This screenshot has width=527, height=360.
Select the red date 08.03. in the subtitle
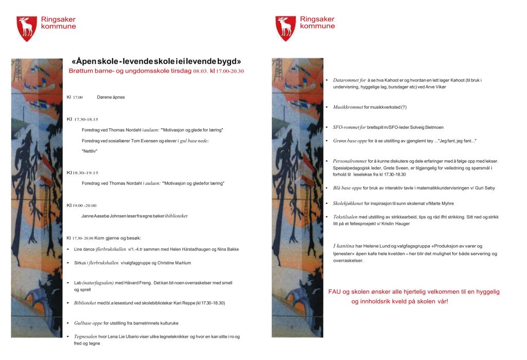pyautogui.click(x=201, y=71)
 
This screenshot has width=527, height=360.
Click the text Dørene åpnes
pyautogui.click(x=111, y=97)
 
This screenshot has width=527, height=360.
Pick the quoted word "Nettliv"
pyautogui.click(x=90, y=151)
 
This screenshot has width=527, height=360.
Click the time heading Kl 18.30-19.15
pyautogui.click(x=82, y=173)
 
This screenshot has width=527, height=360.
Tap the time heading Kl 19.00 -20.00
pyautogui.click(x=81, y=205)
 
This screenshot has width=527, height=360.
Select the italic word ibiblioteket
pyautogui.click(x=175, y=216)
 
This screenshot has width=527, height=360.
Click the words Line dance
pyautogui.click(x=85, y=249)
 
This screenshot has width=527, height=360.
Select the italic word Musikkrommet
pyautogui.click(x=348, y=107)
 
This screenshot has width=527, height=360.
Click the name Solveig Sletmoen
pyautogui.click(x=425, y=127)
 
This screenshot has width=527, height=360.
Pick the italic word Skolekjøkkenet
pyautogui.click(x=348, y=203)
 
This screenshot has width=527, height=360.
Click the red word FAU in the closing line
pyautogui.click(x=335, y=292)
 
